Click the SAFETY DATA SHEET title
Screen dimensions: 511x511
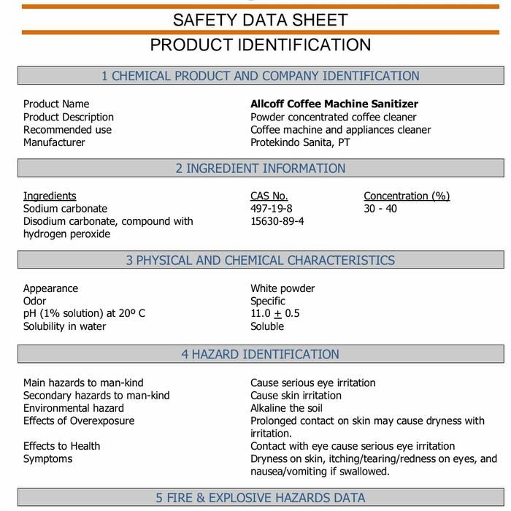click(x=260, y=20)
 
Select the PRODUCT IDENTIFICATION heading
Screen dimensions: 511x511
click(x=260, y=45)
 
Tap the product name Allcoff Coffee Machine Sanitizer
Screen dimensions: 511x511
click(x=334, y=104)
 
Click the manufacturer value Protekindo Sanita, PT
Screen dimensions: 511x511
click(x=300, y=142)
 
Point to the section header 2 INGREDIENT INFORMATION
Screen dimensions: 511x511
click(x=260, y=169)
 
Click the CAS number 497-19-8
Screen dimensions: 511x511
click(x=272, y=209)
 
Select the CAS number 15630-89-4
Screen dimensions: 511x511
click(x=277, y=221)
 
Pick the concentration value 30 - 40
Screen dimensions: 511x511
click(x=380, y=209)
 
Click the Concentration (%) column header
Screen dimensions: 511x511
click(x=407, y=196)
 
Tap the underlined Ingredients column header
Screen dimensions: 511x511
click(x=50, y=196)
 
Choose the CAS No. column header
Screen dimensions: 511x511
click(x=269, y=196)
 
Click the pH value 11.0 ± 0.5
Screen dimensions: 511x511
click(x=275, y=314)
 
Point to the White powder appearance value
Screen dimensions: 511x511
click(x=283, y=288)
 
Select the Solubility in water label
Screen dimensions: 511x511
click(x=64, y=326)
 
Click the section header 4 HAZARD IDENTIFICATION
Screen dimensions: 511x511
click(x=260, y=355)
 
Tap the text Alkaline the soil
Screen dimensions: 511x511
click(x=286, y=408)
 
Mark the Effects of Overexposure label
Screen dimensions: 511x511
click(x=79, y=420)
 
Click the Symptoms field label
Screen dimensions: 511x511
click(x=48, y=459)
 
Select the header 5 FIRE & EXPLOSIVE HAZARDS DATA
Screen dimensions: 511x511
click(x=260, y=499)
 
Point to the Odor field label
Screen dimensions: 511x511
click(x=34, y=301)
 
